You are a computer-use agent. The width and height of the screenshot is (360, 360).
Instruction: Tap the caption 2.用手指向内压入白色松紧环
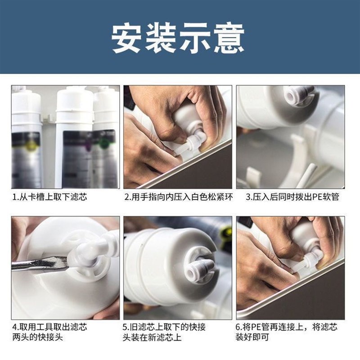pos(178,198)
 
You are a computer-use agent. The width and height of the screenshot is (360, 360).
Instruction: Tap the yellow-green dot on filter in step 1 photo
pos(30,144)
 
